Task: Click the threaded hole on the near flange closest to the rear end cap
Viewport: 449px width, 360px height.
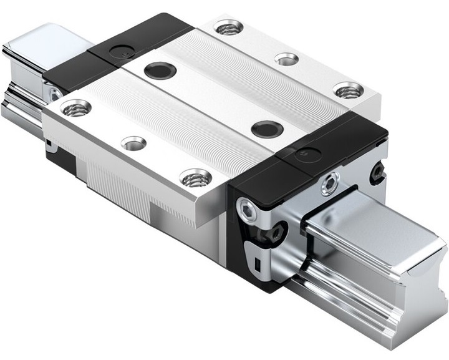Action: (75, 109)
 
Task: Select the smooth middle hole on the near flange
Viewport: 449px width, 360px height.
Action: (133, 144)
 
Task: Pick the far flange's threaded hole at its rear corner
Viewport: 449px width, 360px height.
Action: (228, 27)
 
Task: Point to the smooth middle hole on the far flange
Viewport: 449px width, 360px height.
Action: (286, 59)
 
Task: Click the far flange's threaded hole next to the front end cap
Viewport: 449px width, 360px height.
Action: (347, 90)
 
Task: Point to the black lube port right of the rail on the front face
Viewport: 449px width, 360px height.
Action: (378, 172)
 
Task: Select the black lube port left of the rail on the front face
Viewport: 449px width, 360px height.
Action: (275, 235)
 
